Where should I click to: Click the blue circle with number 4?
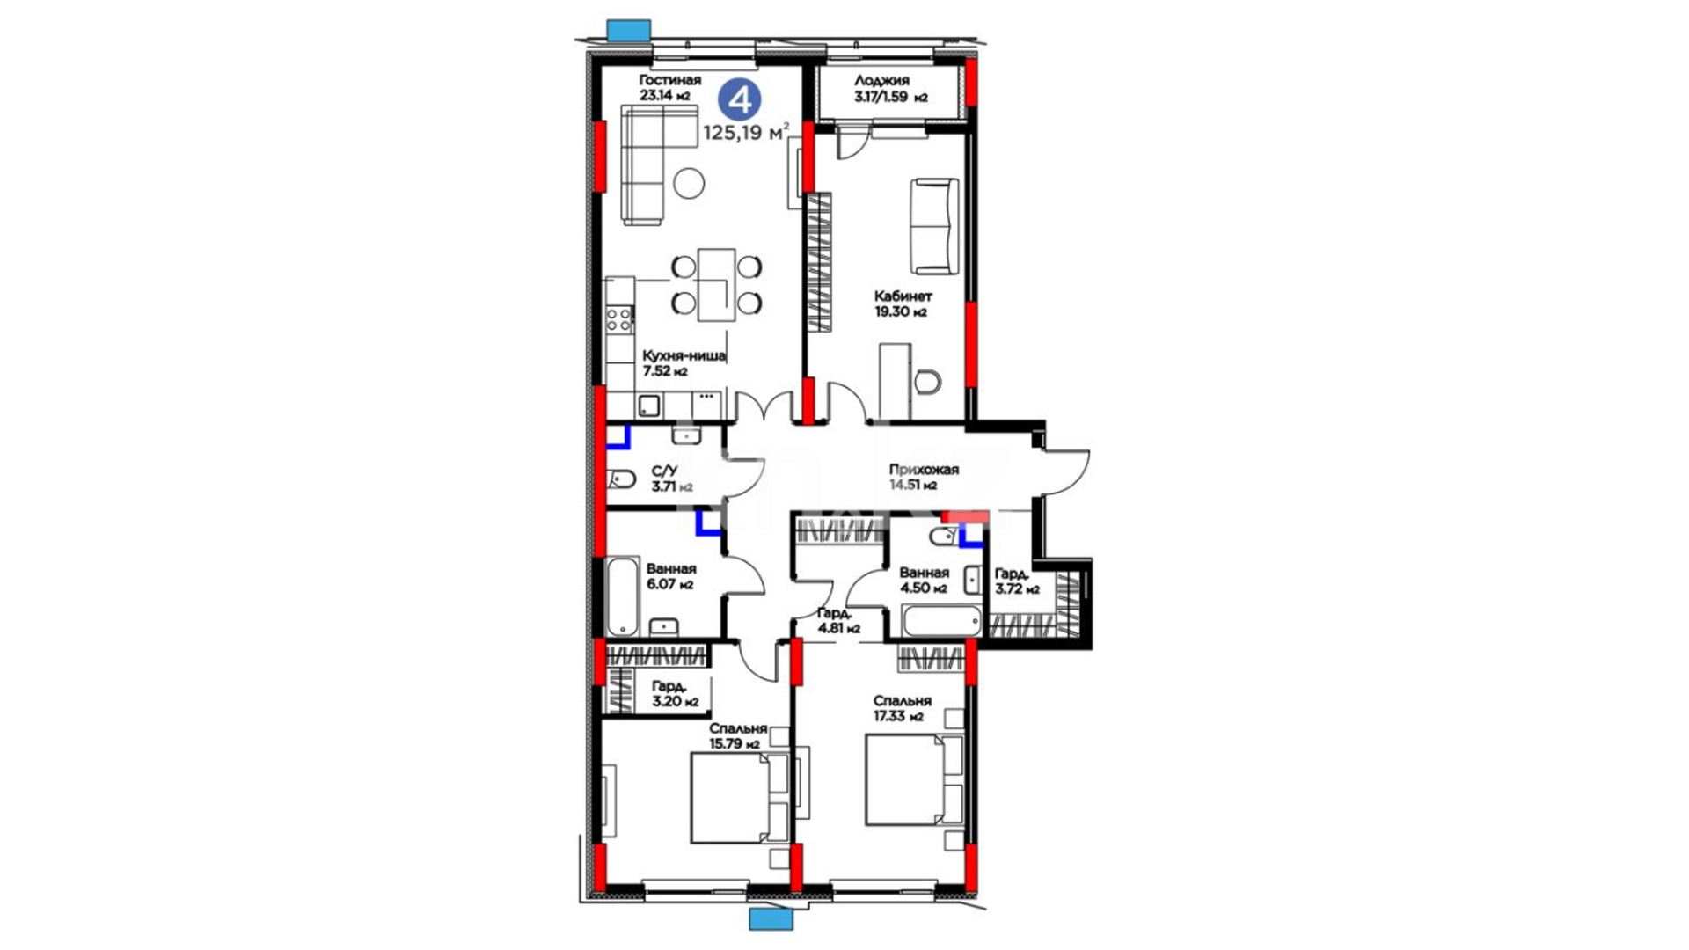point(740,99)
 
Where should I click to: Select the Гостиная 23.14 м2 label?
point(670,88)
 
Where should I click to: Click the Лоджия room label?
point(881,80)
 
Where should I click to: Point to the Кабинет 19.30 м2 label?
point(903,303)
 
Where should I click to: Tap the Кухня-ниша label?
point(684,355)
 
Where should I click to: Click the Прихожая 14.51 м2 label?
point(924,477)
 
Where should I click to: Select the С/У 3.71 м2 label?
point(673,479)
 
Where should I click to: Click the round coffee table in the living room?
point(689,183)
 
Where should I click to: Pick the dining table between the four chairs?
point(717,285)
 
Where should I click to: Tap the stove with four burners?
point(619,318)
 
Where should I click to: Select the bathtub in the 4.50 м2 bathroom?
point(942,620)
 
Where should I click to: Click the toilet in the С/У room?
point(621,479)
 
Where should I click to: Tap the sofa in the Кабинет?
point(934,227)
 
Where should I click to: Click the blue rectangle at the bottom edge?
point(771,919)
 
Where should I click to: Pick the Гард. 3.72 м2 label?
point(1017,581)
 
